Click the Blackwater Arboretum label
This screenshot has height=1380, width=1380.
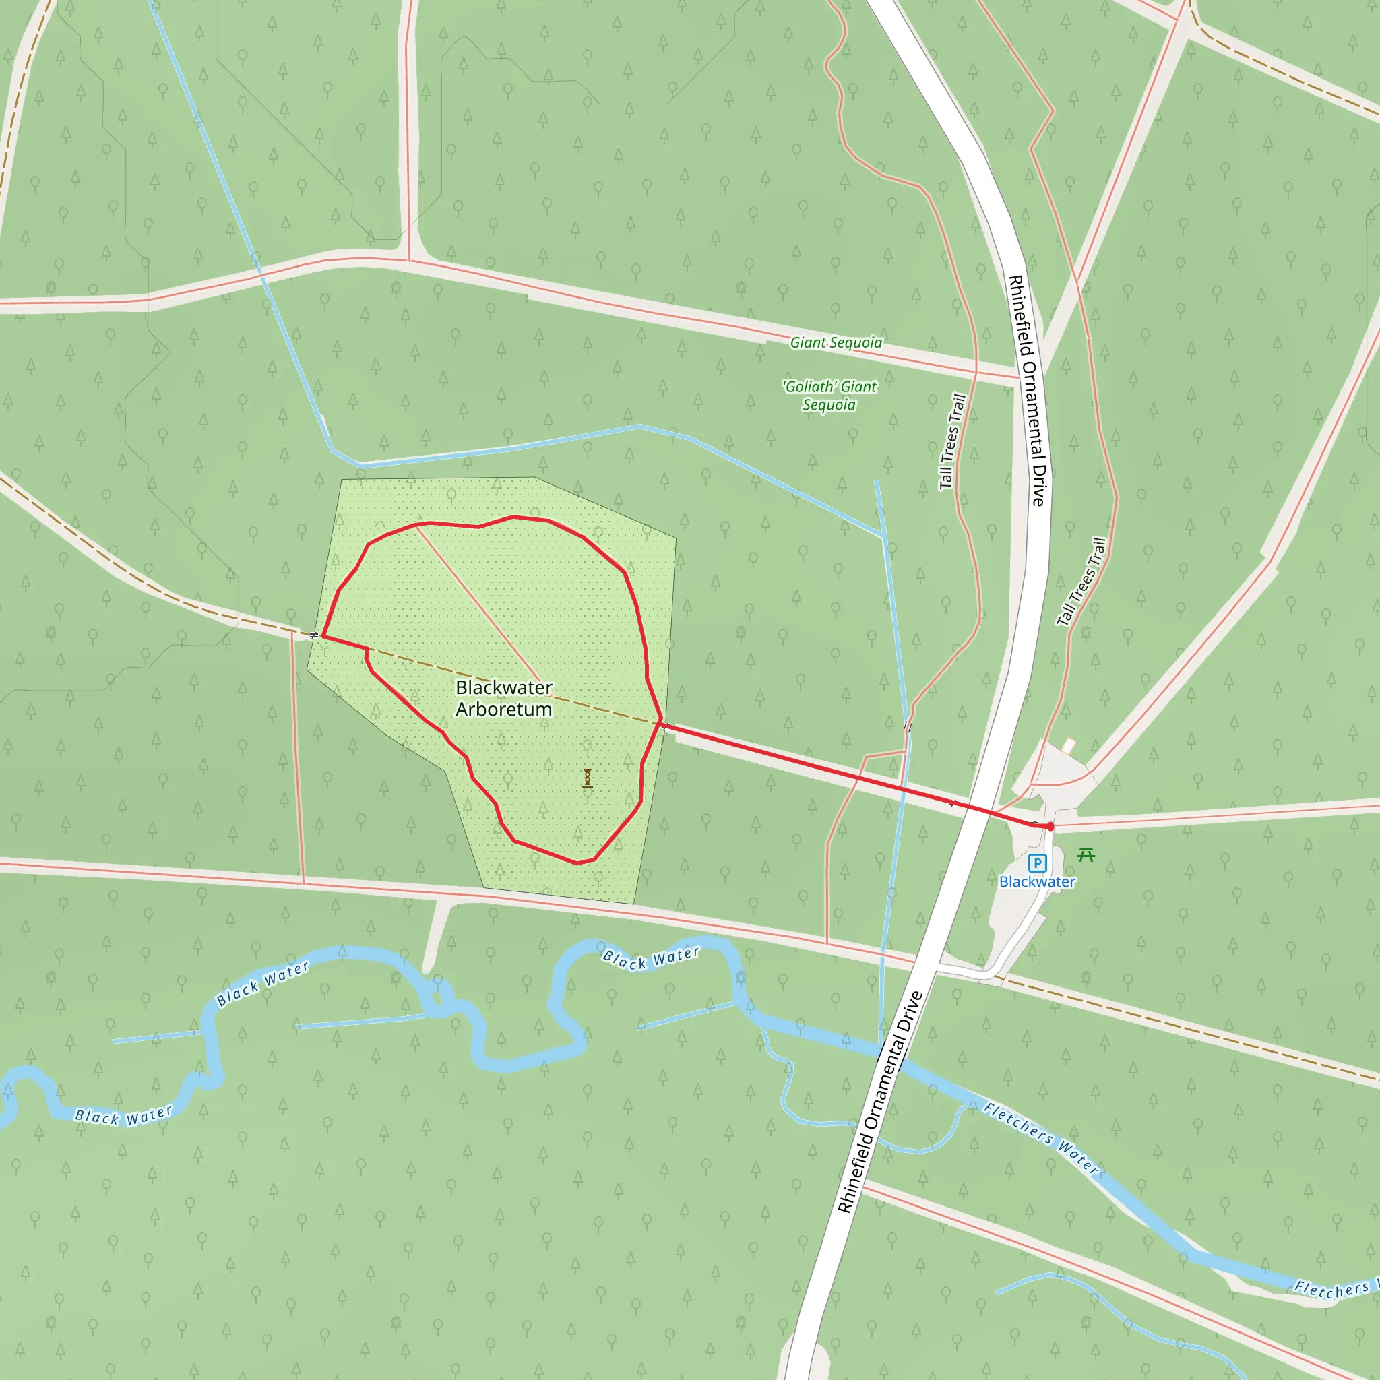coord(503,698)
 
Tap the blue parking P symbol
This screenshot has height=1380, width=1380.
coord(1037,863)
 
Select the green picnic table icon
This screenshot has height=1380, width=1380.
coord(1086,854)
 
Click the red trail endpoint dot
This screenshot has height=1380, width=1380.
coord(1050,826)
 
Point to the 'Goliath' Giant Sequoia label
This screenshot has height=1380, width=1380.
coord(829,396)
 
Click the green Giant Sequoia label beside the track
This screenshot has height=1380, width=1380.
coord(836,343)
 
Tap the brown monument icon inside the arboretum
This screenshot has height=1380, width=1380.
coord(587,778)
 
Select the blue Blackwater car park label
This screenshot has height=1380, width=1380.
coord(1037,882)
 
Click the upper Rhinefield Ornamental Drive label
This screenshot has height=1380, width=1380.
coord(1028,391)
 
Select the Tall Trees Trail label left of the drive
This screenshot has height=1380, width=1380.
coord(952,442)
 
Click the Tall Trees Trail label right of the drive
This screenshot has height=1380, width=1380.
coord(1081,582)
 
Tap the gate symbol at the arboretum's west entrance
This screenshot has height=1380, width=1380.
coord(314,634)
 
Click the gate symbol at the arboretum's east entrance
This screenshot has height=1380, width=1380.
coord(664,726)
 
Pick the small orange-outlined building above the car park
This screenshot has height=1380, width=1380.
coord(1068,746)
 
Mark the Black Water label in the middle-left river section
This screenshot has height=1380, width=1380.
coord(263,984)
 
